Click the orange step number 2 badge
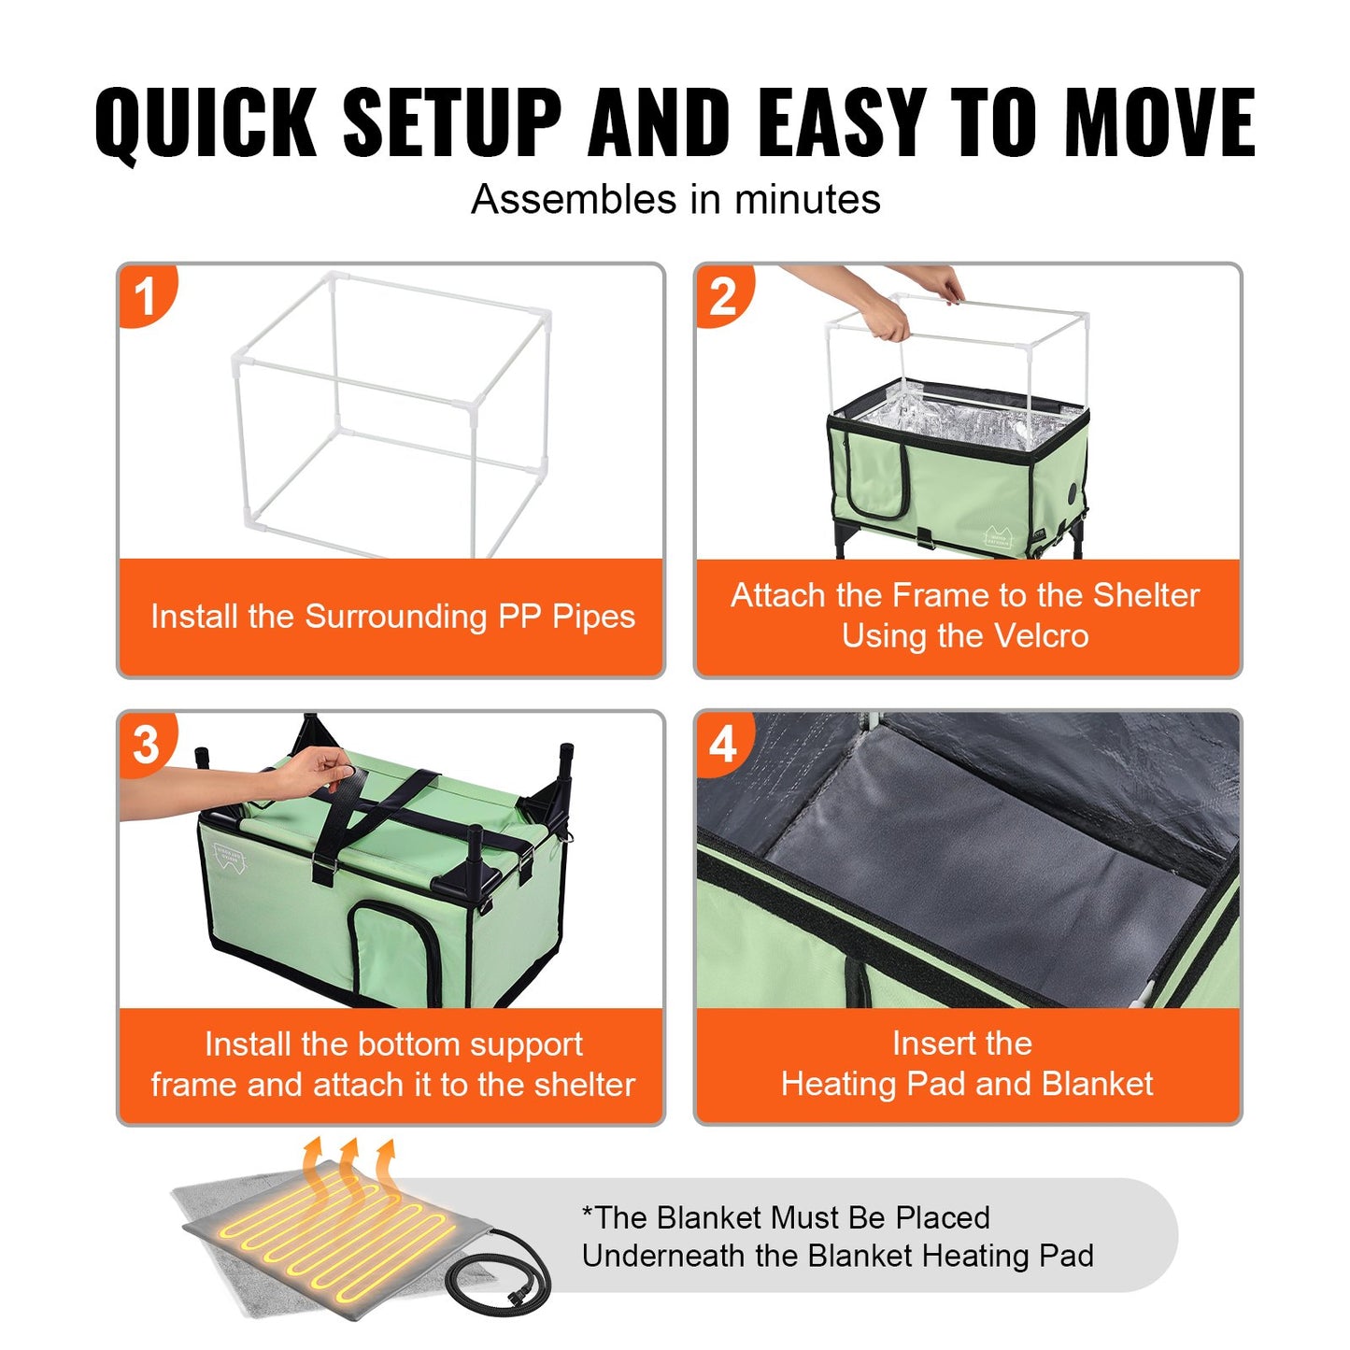722,297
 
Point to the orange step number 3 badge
146,745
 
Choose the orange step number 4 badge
722,745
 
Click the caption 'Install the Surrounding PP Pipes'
392,617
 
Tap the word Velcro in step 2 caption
1041,636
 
